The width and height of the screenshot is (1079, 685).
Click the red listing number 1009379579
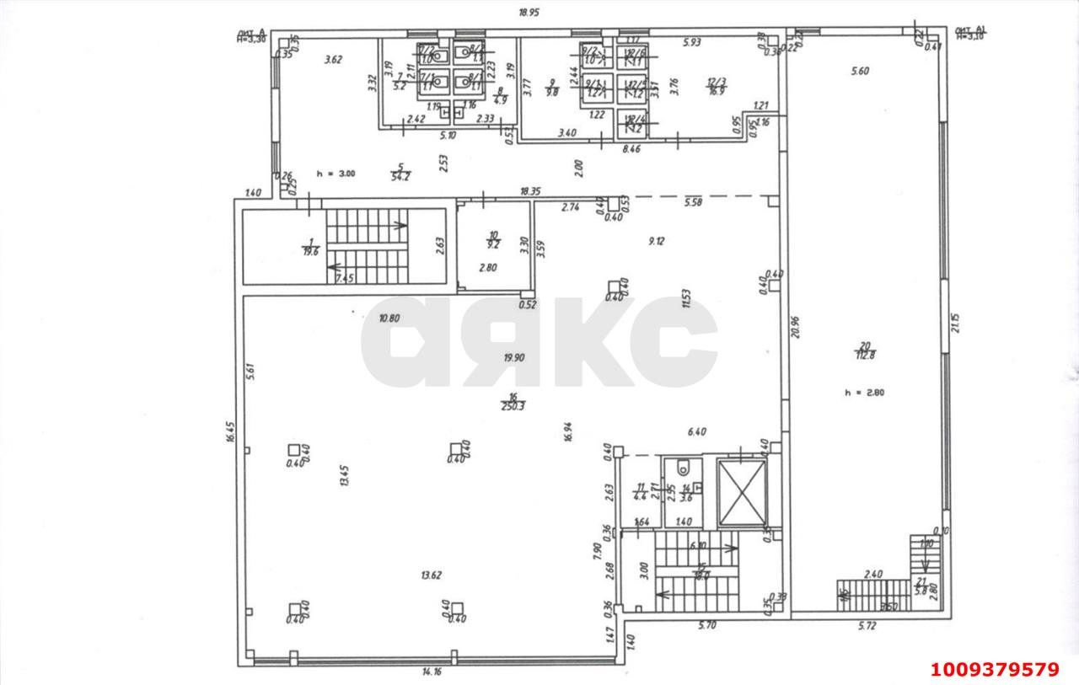pos(995,670)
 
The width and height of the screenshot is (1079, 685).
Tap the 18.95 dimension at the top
pos(529,13)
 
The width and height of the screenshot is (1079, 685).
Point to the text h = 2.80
pos(864,392)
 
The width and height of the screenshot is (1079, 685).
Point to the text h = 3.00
pos(336,174)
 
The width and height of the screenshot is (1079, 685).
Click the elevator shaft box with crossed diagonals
pos(742,492)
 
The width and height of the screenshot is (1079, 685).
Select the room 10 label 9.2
pos(493,241)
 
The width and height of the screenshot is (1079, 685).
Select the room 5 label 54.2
pos(400,174)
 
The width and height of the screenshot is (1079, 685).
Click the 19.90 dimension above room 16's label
pos(514,357)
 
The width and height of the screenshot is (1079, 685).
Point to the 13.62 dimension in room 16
pos(431,575)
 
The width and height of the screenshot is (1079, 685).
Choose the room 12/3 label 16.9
pos(717,86)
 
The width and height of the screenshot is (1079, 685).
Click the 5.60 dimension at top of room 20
pos(860,72)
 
